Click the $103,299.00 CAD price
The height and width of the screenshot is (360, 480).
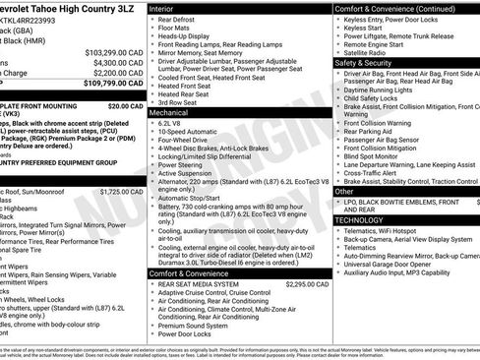pos(112,50)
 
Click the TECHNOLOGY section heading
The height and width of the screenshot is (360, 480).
pos(358,219)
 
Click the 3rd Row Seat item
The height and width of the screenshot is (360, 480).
pos(179,102)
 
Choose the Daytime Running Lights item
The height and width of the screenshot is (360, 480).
pos(382,89)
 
